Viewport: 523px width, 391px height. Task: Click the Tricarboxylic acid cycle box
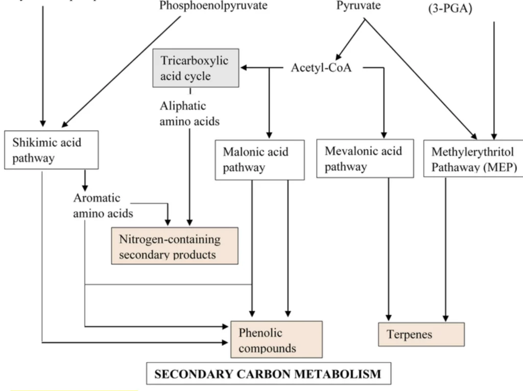click(x=189, y=68)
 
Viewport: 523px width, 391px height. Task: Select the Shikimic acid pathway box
click(x=51, y=150)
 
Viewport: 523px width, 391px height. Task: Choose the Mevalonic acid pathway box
click(x=365, y=158)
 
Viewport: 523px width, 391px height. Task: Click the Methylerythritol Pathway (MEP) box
click(x=474, y=159)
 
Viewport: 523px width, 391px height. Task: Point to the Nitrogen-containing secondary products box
click(x=175, y=246)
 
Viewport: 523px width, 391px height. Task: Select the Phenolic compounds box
click(x=276, y=339)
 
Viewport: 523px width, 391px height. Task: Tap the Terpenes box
click(x=421, y=334)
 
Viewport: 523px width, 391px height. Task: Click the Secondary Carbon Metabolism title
click(x=269, y=374)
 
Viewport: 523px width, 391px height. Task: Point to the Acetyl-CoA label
click(x=321, y=67)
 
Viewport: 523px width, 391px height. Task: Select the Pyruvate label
click(x=358, y=7)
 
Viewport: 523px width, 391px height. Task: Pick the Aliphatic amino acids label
click(x=189, y=113)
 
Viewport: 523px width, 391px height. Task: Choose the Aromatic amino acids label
click(x=103, y=205)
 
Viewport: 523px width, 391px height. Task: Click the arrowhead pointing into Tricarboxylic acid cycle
click(x=245, y=67)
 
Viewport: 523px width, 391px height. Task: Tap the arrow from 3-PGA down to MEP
click(x=494, y=77)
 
